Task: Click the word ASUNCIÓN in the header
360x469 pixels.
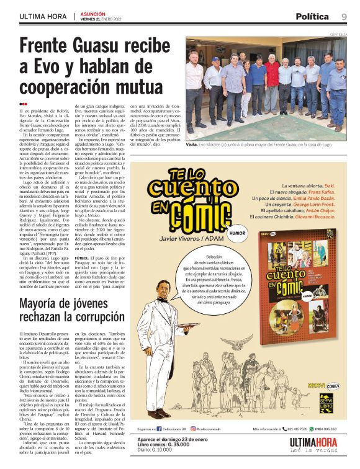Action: click(92, 13)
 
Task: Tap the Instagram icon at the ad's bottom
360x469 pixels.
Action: click(193, 428)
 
